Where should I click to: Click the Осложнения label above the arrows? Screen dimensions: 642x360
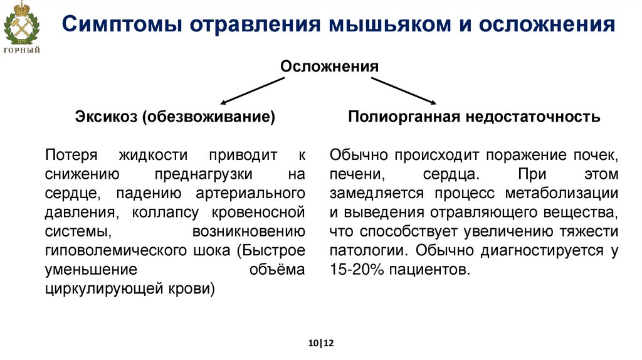[x=329, y=66]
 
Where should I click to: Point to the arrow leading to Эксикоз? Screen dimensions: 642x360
[x=251, y=90]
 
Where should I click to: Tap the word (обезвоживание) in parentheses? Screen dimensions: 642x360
[x=209, y=117]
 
